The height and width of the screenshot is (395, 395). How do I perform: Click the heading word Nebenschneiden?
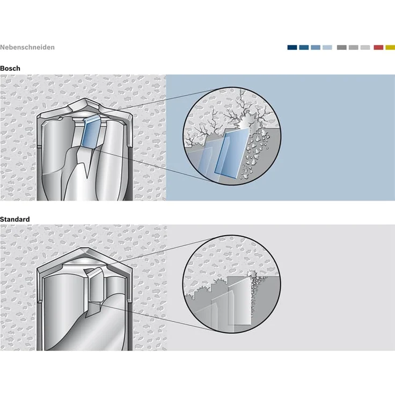(27, 47)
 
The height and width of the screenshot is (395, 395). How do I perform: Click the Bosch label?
(10, 68)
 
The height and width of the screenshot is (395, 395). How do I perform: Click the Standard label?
(15, 219)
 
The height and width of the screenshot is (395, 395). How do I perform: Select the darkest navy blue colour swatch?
(292, 47)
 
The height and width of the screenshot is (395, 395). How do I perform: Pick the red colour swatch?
(378, 47)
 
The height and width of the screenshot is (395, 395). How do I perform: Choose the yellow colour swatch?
(390, 47)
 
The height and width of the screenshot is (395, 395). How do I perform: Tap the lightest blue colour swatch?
(327, 47)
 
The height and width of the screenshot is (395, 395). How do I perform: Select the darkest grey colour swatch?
(342, 47)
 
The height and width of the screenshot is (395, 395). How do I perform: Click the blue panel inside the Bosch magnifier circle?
(232, 153)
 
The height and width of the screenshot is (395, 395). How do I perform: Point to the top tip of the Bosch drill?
(85, 99)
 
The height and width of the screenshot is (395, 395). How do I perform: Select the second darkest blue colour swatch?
(304, 47)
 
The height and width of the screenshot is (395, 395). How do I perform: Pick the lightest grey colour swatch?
(365, 47)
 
